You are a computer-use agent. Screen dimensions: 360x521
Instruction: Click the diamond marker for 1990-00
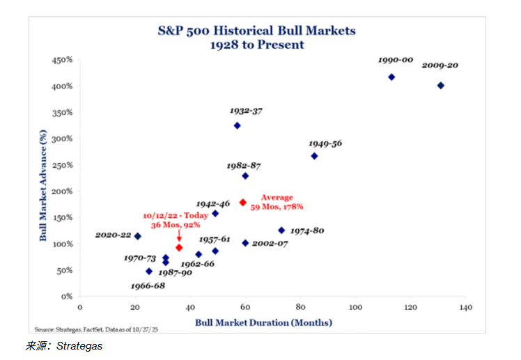pos(391,77)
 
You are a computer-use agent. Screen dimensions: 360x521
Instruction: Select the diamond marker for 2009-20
pos(440,86)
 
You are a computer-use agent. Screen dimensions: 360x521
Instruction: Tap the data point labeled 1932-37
pos(237,126)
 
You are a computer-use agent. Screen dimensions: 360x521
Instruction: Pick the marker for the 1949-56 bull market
pos(314,156)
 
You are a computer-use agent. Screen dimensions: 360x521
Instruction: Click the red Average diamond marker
pos(242,203)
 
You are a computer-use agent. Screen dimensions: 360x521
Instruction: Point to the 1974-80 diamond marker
pos(281,230)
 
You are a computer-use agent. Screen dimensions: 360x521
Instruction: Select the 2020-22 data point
pos(138,236)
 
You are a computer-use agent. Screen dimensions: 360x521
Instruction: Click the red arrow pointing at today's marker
pos(179,235)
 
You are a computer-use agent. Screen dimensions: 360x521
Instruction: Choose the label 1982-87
pos(244,166)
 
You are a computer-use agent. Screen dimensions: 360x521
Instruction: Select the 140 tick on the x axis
pos(465,307)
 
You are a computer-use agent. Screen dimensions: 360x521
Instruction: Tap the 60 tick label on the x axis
pos(245,307)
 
